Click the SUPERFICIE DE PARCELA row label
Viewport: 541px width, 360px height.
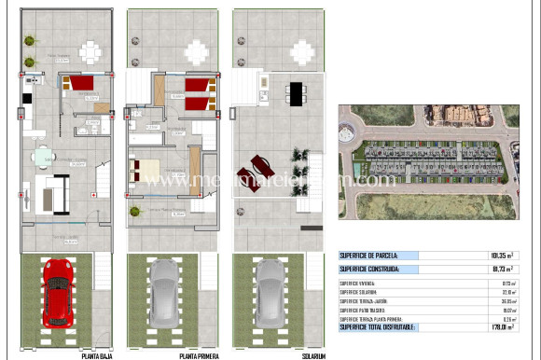click(x=372, y=255)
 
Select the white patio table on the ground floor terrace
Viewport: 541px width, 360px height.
click(x=90, y=48)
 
